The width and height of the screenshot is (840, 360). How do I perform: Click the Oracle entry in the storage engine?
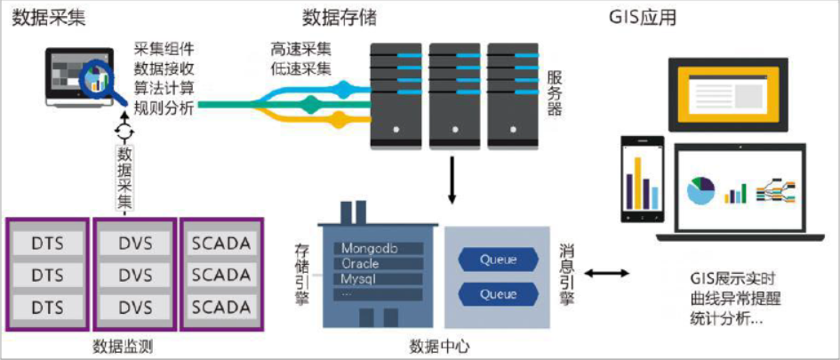(x=361, y=264)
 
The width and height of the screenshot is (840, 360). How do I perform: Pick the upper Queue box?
(x=498, y=260)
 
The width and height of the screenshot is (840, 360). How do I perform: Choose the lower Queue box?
(x=498, y=293)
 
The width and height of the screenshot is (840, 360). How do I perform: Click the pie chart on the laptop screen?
(x=701, y=189)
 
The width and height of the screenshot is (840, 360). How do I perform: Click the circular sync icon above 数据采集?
(x=124, y=131)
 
